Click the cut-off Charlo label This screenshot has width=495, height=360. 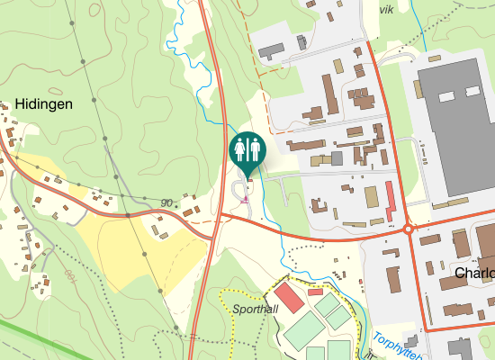click(475, 273)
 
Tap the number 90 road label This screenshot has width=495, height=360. click(166, 202)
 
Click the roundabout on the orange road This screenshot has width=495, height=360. click(409, 229)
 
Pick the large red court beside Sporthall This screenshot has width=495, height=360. click(290, 298)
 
